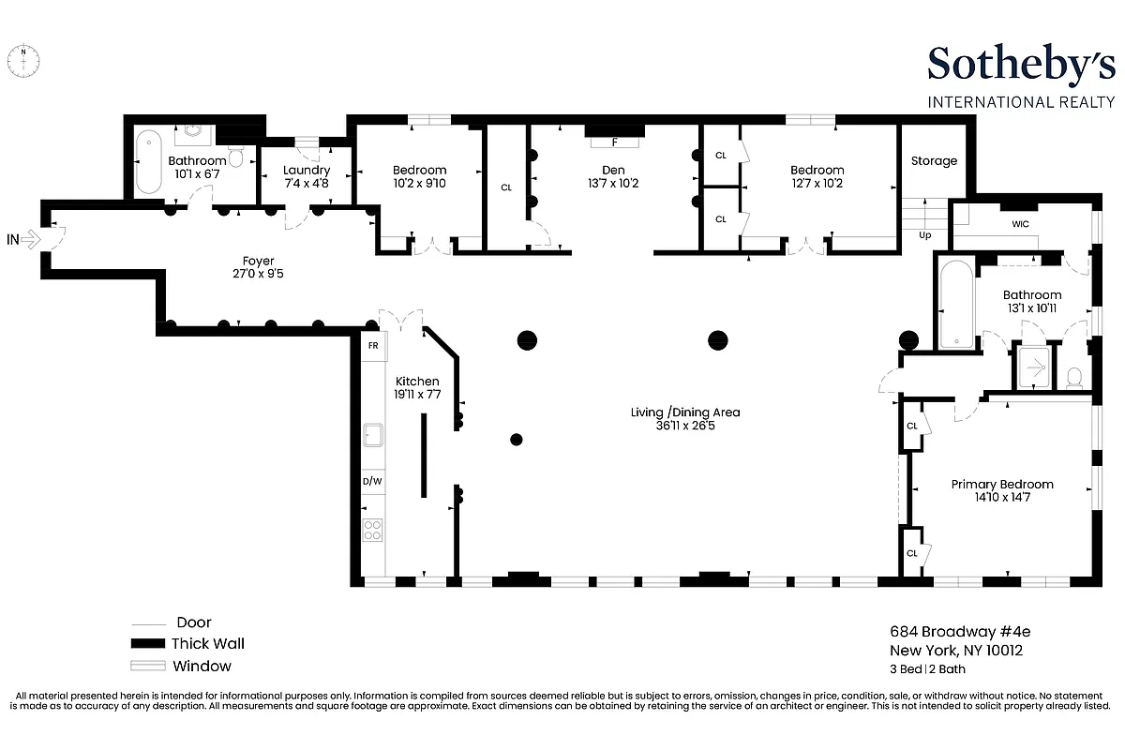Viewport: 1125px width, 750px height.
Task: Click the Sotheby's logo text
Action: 1021,64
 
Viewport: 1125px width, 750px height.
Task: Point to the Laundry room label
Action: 307,170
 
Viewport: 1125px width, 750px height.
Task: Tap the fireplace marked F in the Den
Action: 615,142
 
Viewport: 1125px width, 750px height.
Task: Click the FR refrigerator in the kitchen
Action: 373,345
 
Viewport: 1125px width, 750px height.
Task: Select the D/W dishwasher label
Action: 372,481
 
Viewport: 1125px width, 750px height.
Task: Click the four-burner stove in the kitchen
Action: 372,530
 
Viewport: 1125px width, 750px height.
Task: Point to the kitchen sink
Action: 373,435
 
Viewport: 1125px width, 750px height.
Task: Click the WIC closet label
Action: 1020,225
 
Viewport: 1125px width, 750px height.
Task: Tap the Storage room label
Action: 934,160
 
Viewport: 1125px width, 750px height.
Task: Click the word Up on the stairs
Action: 924,235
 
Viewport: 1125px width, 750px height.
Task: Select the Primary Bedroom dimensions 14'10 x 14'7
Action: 1001,498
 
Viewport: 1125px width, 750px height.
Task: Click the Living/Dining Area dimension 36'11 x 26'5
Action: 679,425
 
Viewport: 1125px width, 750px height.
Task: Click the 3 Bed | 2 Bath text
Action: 927,669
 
